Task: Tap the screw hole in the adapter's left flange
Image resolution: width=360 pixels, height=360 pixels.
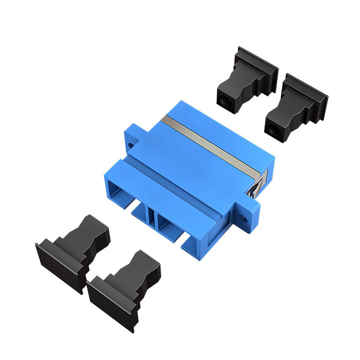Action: pos(130,146)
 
